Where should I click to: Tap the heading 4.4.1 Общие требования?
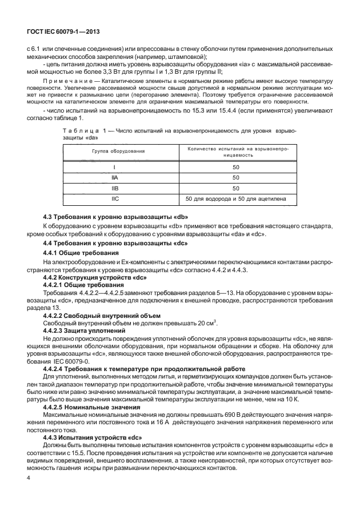point(81,252)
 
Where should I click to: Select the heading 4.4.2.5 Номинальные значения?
point(93,407)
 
